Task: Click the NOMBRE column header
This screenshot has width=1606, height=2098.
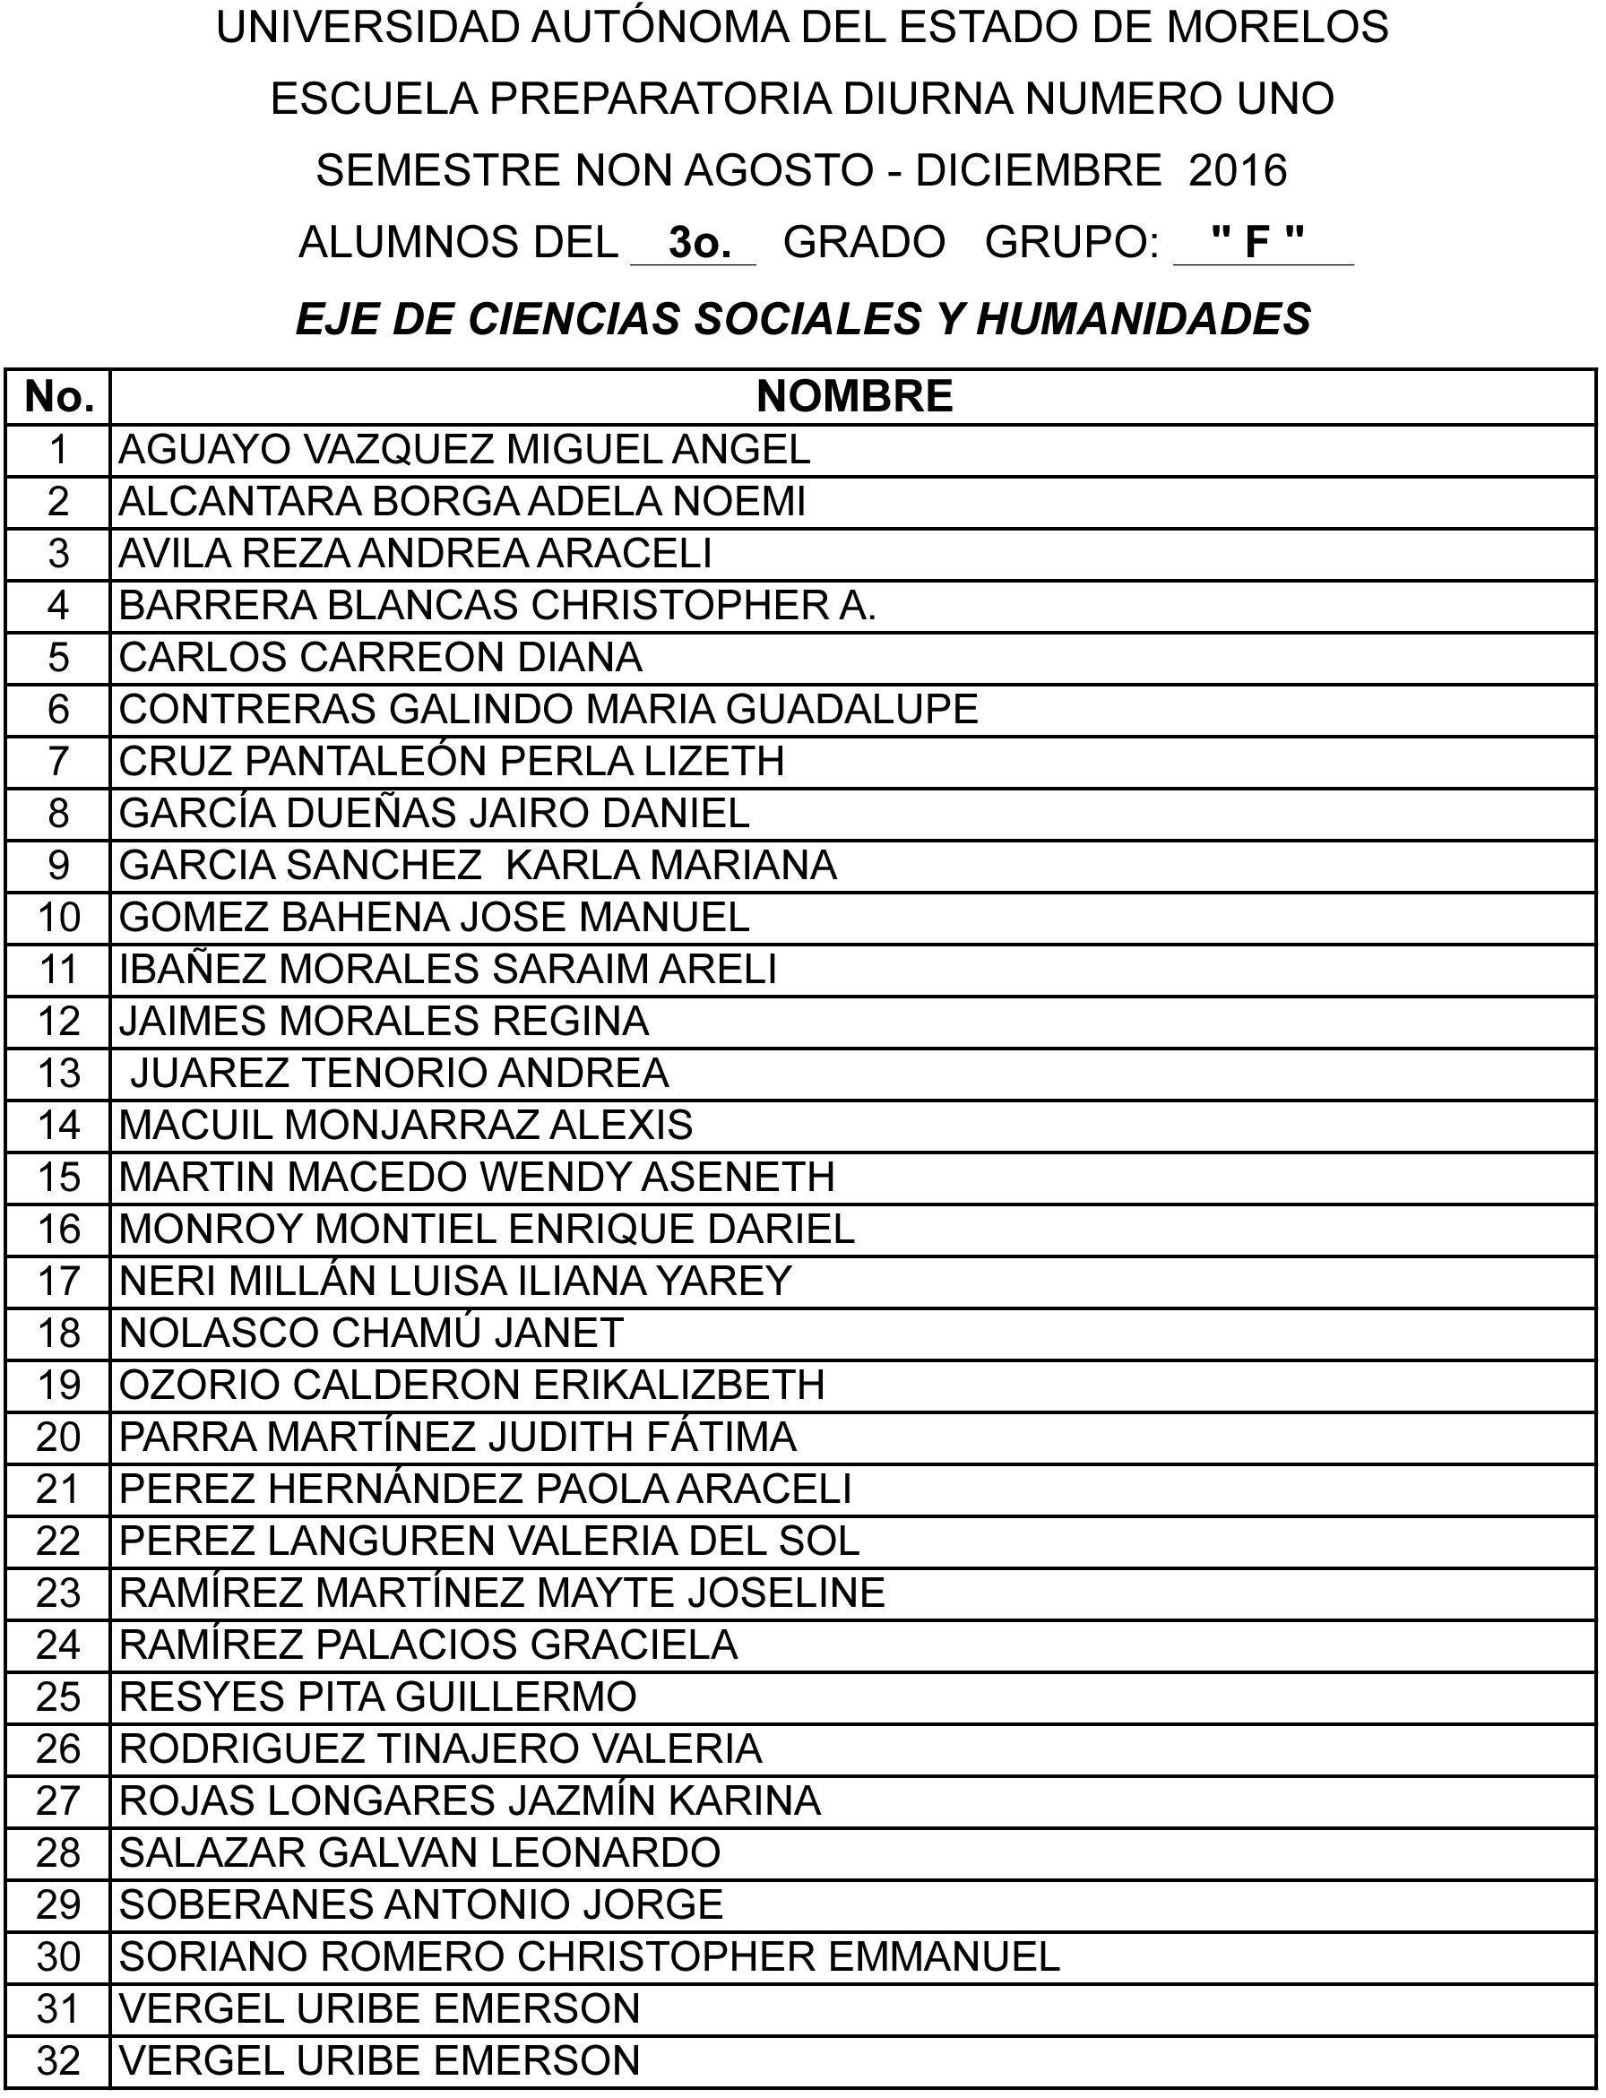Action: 854,396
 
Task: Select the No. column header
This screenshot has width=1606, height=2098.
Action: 58,396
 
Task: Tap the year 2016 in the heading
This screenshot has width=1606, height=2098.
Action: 1238,170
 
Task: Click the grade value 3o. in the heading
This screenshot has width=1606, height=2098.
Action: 700,243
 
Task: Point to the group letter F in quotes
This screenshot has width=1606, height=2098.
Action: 1256,243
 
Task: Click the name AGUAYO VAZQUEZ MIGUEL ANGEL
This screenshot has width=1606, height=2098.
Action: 464,449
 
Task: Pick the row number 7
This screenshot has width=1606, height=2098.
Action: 58,761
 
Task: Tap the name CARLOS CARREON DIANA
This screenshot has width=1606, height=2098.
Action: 381,657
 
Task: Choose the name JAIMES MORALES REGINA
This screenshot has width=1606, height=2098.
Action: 384,1021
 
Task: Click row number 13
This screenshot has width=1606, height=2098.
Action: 58,1073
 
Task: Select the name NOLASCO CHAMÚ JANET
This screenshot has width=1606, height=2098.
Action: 371,1333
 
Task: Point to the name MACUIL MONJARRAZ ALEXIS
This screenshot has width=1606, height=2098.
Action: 405,1124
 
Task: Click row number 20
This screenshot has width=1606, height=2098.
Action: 58,1437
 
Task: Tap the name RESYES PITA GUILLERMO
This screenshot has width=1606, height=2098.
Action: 377,1697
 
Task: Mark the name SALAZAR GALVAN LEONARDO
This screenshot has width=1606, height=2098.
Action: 419,1852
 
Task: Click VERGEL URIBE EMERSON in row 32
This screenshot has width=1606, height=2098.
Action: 379,2059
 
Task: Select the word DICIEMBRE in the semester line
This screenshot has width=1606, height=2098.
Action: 1038,170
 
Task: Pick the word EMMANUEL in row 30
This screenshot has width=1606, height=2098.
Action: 944,1956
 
